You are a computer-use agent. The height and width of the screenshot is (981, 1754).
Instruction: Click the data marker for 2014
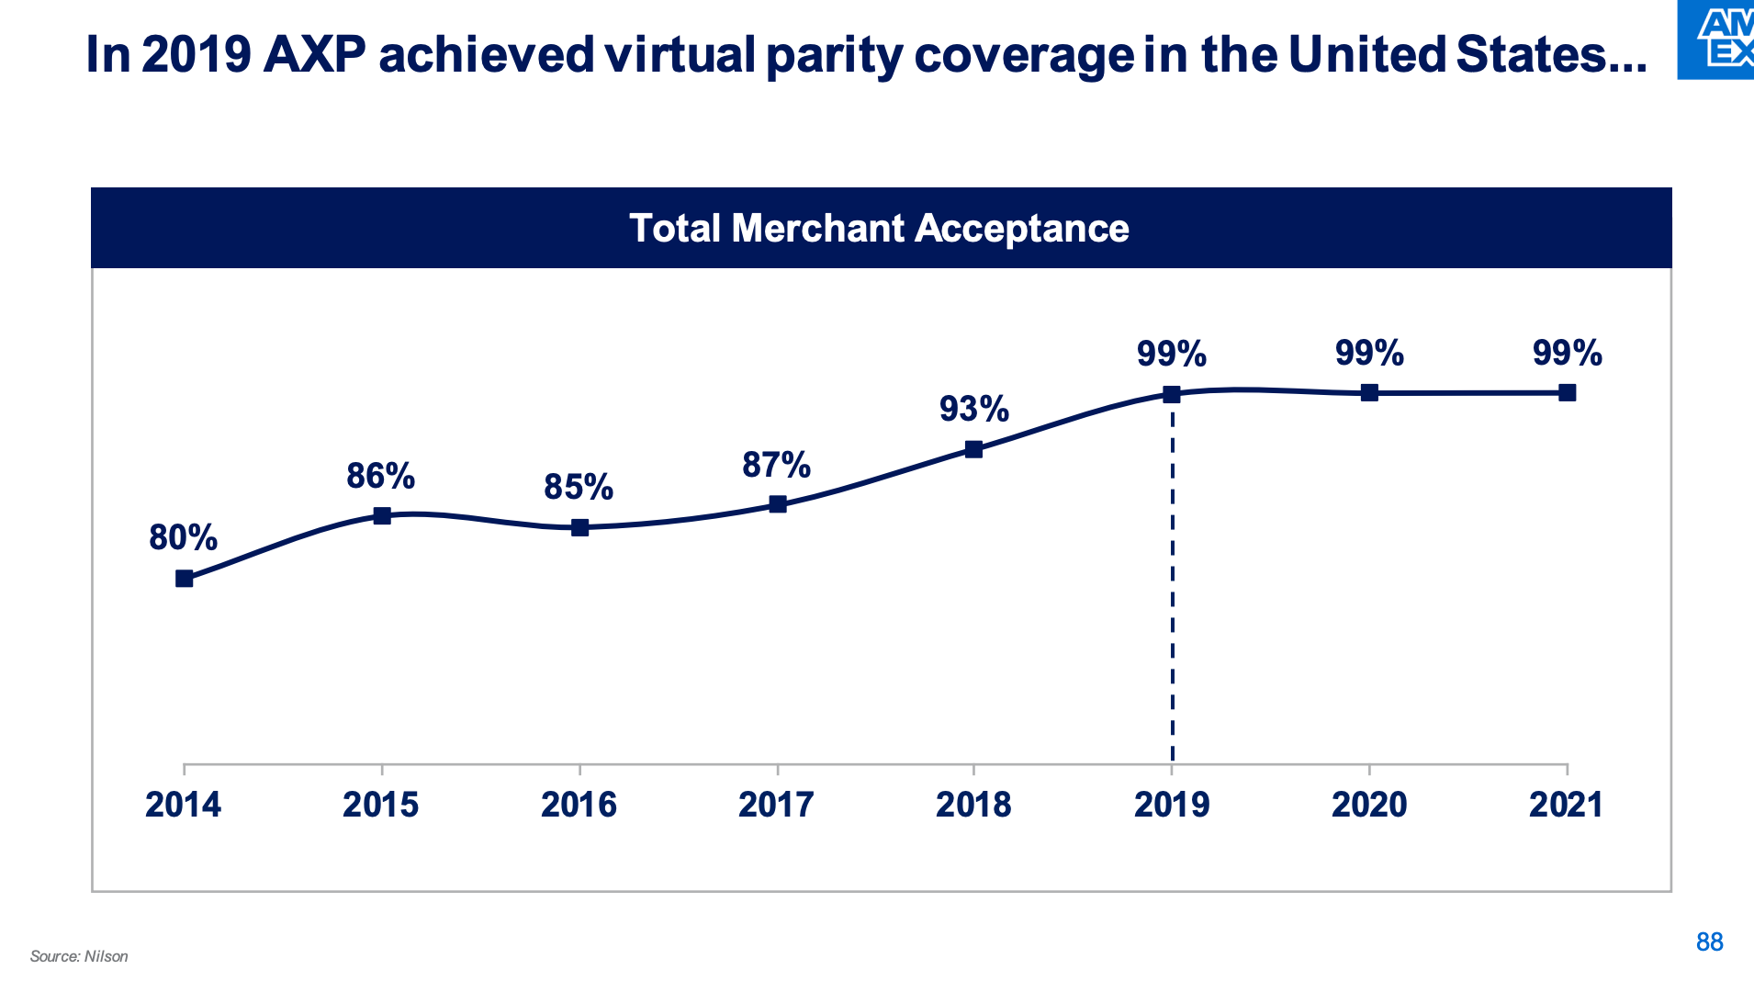pyautogui.click(x=185, y=579)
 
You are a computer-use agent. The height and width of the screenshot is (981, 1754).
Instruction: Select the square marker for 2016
pyautogui.click(x=579, y=527)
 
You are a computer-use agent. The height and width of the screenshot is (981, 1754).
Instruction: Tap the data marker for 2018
pyautogui.click(x=974, y=449)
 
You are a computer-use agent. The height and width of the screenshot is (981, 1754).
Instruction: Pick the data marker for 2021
pyautogui.click(x=1567, y=393)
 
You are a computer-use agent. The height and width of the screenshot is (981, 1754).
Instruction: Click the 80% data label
pyautogui.click(x=184, y=537)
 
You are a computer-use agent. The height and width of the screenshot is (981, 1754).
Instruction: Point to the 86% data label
pyautogui.click(x=381, y=476)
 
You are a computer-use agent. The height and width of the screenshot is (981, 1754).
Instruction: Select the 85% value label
pyautogui.click(x=579, y=487)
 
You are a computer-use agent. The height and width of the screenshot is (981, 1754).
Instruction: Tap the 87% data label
pyautogui.click(x=777, y=465)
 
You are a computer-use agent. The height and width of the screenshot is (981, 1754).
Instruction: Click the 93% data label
pyautogui.click(x=974, y=409)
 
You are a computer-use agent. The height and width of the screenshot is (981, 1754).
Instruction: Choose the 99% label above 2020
pyautogui.click(x=1369, y=353)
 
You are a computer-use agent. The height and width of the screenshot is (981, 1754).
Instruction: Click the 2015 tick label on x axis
pyautogui.click(x=381, y=805)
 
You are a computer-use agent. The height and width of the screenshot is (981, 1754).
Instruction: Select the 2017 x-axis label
pyautogui.click(x=777, y=805)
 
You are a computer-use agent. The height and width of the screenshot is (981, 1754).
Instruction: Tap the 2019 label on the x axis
pyautogui.click(x=1172, y=805)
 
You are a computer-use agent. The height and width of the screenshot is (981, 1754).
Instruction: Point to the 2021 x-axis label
pyautogui.click(x=1566, y=805)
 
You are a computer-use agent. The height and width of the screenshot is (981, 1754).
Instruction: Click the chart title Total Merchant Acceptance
pyautogui.click(x=879, y=229)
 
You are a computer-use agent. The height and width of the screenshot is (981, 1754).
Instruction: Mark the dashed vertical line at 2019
pyautogui.click(x=1173, y=588)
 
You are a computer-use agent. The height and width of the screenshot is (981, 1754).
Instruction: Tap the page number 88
pyautogui.click(x=1709, y=942)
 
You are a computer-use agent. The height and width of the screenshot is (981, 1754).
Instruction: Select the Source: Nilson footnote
pyautogui.click(x=79, y=956)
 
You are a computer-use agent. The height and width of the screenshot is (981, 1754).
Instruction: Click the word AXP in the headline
pyautogui.click(x=314, y=55)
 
